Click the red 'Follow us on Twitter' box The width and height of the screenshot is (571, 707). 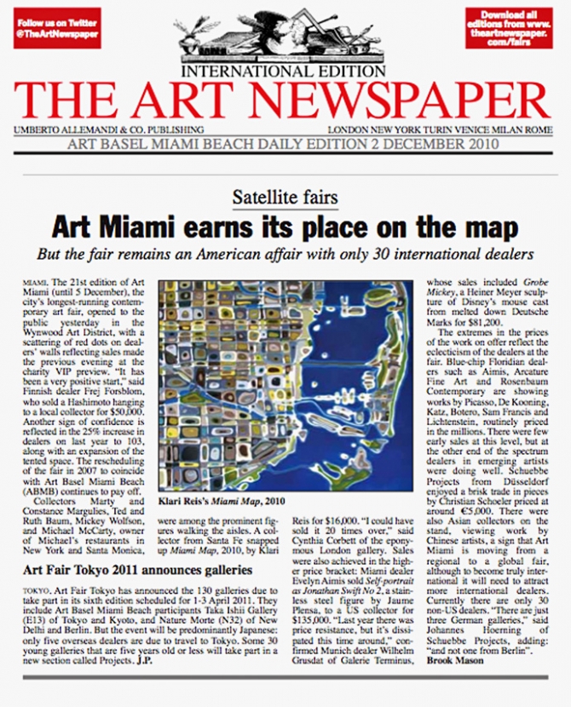tap(57, 27)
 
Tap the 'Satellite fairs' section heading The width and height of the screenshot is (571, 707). tap(285, 199)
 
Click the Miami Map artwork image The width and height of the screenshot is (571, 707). tap(284, 388)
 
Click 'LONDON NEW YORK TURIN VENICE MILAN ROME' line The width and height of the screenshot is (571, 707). tap(450, 129)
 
